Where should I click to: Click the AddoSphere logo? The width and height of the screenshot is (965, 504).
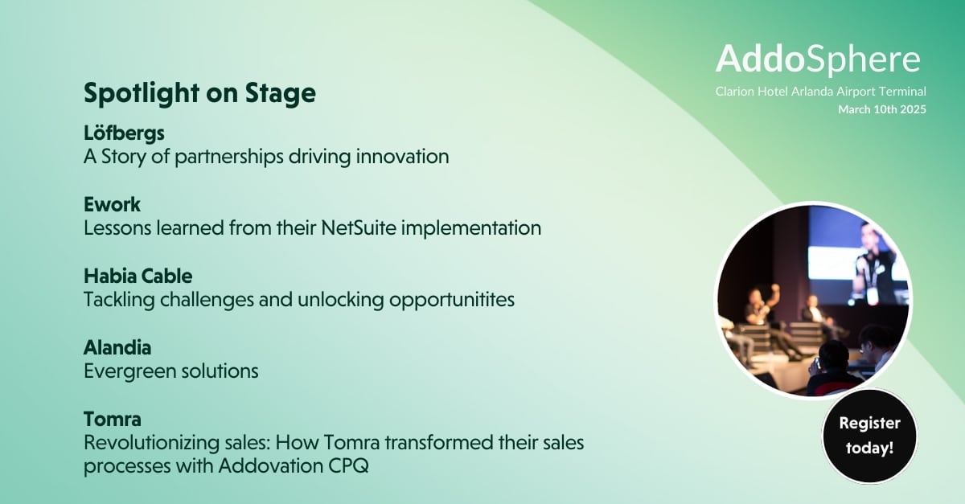pos(818,59)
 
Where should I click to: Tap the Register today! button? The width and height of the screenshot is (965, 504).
pos(870,436)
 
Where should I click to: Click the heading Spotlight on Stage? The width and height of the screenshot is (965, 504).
pos(199,93)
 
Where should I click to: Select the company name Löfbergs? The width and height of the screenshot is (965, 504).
pos(124,133)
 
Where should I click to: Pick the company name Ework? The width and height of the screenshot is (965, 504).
pos(112,204)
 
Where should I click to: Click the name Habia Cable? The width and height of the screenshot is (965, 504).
pos(138,277)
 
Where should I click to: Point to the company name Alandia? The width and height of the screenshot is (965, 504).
pos(117,347)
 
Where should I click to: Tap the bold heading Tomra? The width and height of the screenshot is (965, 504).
pos(113,419)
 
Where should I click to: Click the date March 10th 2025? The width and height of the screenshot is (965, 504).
pos(882,109)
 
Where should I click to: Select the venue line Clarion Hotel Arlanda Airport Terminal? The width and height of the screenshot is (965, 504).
pos(821,92)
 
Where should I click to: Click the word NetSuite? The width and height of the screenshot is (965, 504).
pos(359,227)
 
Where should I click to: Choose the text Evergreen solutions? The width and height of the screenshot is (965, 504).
pos(171,371)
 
